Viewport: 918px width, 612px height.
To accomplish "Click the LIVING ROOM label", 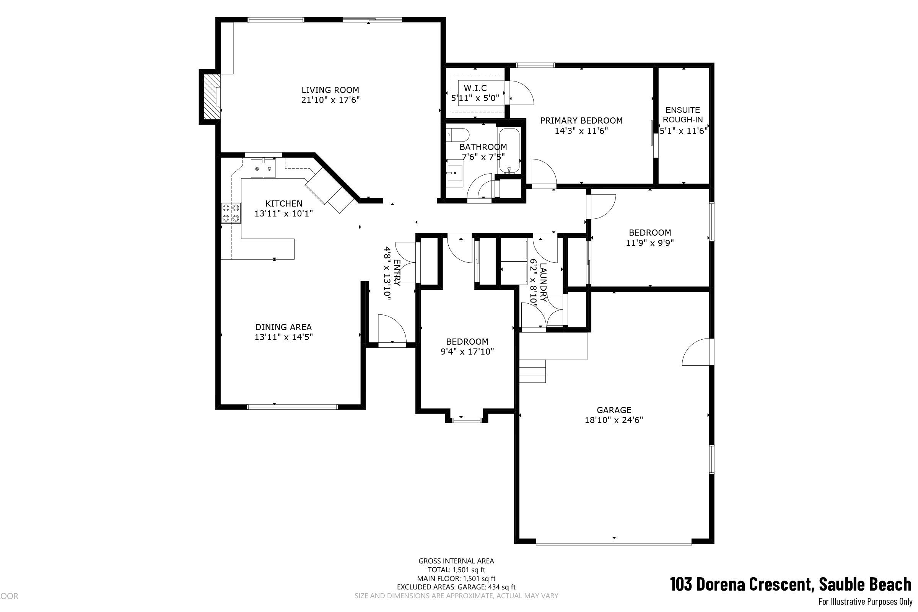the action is tap(330, 90).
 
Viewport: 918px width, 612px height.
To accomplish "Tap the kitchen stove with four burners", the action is tap(231, 213).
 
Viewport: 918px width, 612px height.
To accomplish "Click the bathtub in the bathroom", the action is tap(509, 151).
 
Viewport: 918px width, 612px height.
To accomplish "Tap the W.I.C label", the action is tap(475, 88).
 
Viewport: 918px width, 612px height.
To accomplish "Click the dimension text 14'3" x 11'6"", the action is tap(581, 131).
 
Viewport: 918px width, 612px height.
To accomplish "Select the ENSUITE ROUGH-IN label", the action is tap(683, 115).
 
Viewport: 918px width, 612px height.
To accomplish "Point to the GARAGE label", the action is tap(614, 410).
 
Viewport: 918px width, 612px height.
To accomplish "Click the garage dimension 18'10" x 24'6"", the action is tap(614, 420).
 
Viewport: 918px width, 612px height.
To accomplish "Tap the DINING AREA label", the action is tap(283, 327).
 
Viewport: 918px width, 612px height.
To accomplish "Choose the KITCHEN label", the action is tap(284, 203).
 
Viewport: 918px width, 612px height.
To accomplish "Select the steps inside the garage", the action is tap(532, 371).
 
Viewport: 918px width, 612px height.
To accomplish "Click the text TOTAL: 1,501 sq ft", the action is tap(456, 570).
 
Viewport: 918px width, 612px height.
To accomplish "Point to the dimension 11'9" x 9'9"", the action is tap(650, 243).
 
